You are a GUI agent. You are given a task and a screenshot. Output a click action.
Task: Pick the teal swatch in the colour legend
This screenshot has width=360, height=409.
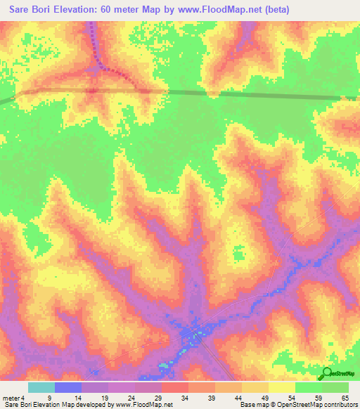41,387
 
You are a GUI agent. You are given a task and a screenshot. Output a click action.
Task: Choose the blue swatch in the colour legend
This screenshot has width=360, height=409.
68,387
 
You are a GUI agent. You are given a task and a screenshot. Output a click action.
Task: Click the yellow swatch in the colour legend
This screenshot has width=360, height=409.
281,387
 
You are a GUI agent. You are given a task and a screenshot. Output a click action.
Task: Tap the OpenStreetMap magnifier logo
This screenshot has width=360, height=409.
328,373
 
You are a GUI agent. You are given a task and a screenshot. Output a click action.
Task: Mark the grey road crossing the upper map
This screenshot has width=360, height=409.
211,93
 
